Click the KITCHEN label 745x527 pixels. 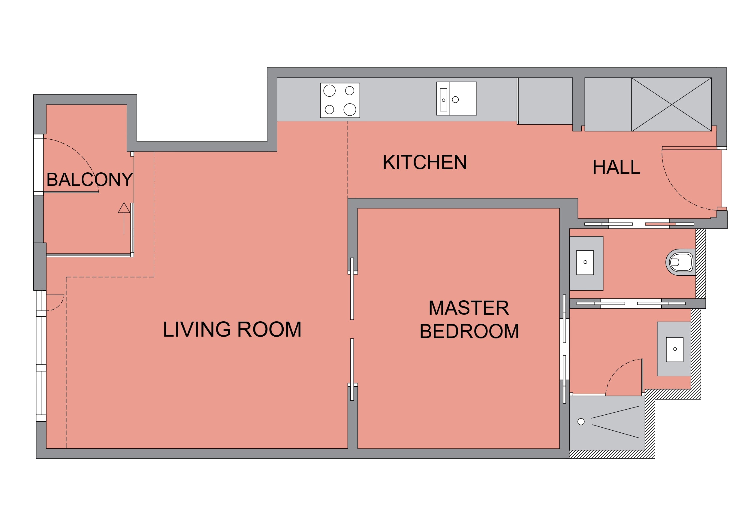424,162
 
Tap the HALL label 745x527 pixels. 616,167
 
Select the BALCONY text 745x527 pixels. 89,180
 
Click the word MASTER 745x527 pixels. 469,308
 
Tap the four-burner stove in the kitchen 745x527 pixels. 340,100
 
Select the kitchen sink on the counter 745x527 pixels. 457,98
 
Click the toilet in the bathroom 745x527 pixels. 681,262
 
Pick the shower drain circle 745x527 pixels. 581,422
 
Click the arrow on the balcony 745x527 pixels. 124,218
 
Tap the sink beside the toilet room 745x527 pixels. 585,262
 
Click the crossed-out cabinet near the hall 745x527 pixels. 671,104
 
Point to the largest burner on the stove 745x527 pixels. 350,109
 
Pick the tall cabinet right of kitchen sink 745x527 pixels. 545,101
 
